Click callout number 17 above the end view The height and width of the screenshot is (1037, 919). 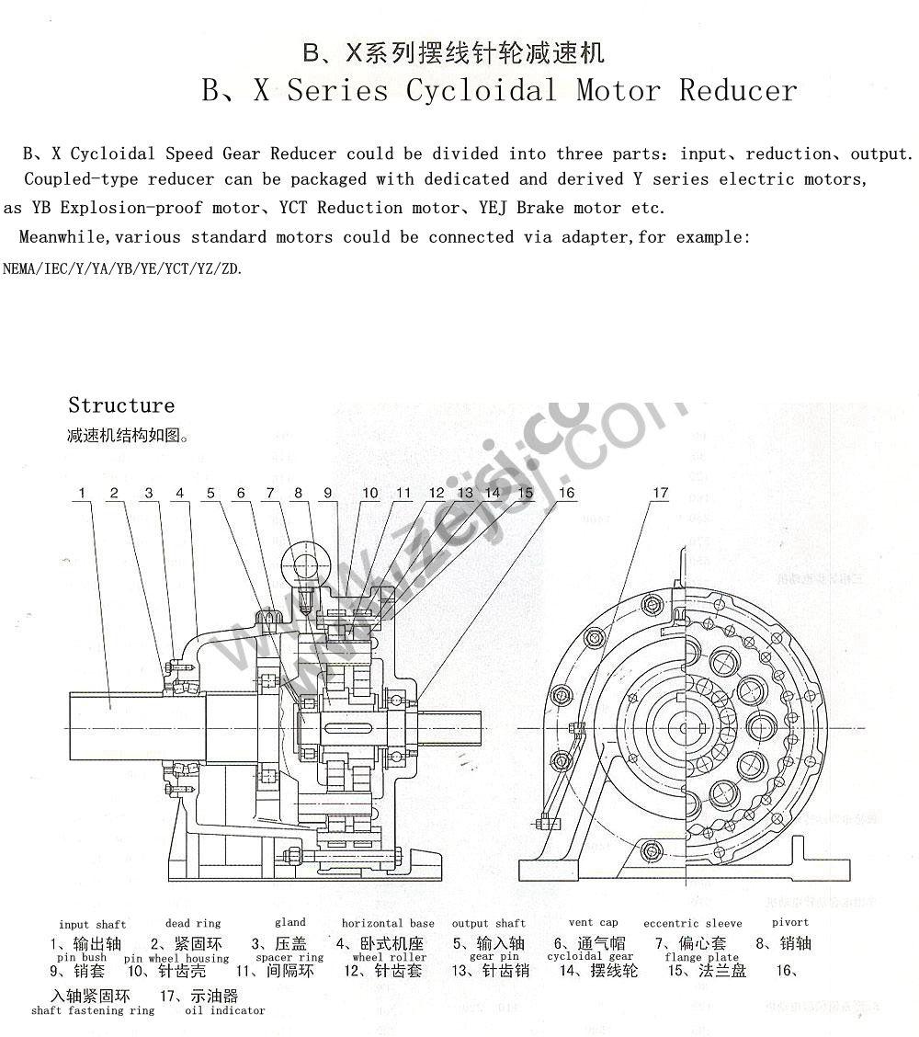coord(661,494)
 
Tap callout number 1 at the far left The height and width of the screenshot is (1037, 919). coord(82,494)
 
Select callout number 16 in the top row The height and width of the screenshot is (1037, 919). coord(566,494)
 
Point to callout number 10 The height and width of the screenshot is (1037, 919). coord(370,494)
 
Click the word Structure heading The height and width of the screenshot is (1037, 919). coord(120,405)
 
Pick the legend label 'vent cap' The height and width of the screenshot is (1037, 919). coord(594,922)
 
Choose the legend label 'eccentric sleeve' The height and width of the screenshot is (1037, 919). coord(693,923)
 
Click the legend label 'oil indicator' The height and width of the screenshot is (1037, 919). coord(225,1010)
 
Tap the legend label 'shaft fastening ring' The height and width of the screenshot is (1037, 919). coord(93,1010)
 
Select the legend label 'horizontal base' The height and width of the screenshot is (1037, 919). coord(388,923)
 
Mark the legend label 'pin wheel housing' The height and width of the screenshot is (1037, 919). coord(176,958)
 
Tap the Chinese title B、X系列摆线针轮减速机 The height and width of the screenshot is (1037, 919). coord(454,52)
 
